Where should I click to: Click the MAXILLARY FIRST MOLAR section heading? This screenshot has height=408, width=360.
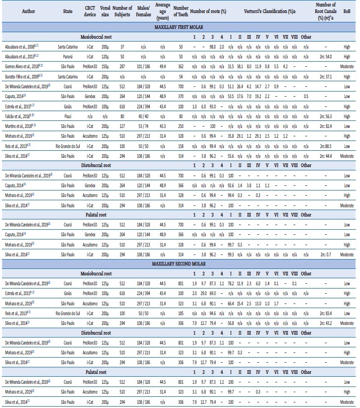tap(180, 28)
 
